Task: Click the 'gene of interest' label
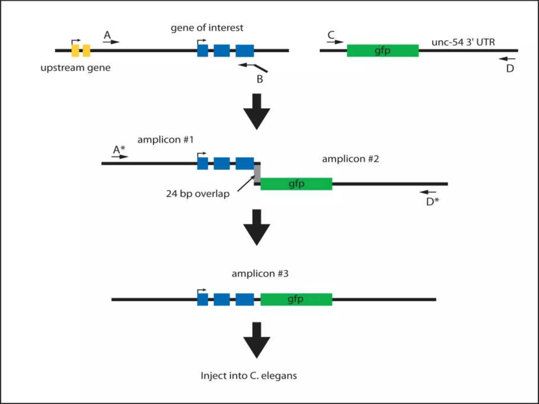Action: click(207, 28)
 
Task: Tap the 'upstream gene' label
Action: click(75, 68)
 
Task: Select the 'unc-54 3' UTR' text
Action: click(463, 42)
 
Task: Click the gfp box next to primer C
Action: click(383, 50)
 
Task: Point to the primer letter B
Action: click(260, 79)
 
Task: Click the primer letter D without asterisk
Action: click(510, 69)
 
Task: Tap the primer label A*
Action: click(119, 150)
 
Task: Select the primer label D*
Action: click(432, 202)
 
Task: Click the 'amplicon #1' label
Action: click(166, 140)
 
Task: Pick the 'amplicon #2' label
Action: click(350, 159)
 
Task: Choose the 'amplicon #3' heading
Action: click(260, 274)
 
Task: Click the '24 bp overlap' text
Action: click(198, 194)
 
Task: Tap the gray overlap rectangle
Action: click(257, 174)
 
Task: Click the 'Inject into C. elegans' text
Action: click(249, 376)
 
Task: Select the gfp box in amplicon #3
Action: click(296, 299)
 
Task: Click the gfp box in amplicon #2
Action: click(296, 184)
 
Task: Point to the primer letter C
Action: click(331, 35)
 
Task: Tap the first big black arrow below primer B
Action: click(257, 112)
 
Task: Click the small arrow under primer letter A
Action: click(111, 42)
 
